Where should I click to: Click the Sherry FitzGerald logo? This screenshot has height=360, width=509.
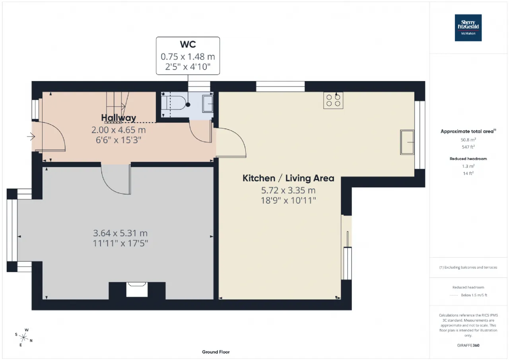pyautogui.click(x=468, y=28)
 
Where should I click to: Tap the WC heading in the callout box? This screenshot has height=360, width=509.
pyautogui.click(x=188, y=44)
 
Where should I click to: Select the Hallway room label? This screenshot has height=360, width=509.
pyautogui.click(x=119, y=117)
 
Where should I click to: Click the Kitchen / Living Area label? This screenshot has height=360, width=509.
pyautogui.click(x=288, y=178)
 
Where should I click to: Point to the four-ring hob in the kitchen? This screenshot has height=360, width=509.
pyautogui.click(x=333, y=100)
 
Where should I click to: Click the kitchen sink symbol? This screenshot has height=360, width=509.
pyautogui.click(x=407, y=142)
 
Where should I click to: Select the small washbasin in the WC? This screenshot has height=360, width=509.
pyautogui.click(x=208, y=104)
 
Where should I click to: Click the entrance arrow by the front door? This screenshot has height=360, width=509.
pyautogui.click(x=31, y=136)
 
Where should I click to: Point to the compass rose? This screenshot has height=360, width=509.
pyautogui.click(x=23, y=337)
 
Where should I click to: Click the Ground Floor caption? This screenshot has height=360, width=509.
pyautogui.click(x=216, y=352)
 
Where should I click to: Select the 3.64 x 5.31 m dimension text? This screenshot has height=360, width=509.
pyautogui.click(x=120, y=233)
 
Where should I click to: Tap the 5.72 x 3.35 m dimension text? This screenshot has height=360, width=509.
pyautogui.click(x=288, y=190)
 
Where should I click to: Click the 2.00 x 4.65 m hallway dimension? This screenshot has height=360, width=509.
pyautogui.click(x=119, y=130)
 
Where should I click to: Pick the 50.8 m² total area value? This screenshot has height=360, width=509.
pyautogui.click(x=468, y=140)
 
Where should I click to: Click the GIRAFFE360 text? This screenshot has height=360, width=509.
pyautogui.click(x=468, y=345)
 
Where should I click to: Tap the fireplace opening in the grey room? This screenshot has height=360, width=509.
pyautogui.click(x=137, y=289)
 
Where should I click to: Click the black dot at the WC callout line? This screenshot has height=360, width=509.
pyautogui.click(x=188, y=105)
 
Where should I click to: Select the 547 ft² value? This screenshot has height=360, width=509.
pyautogui.click(x=468, y=147)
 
